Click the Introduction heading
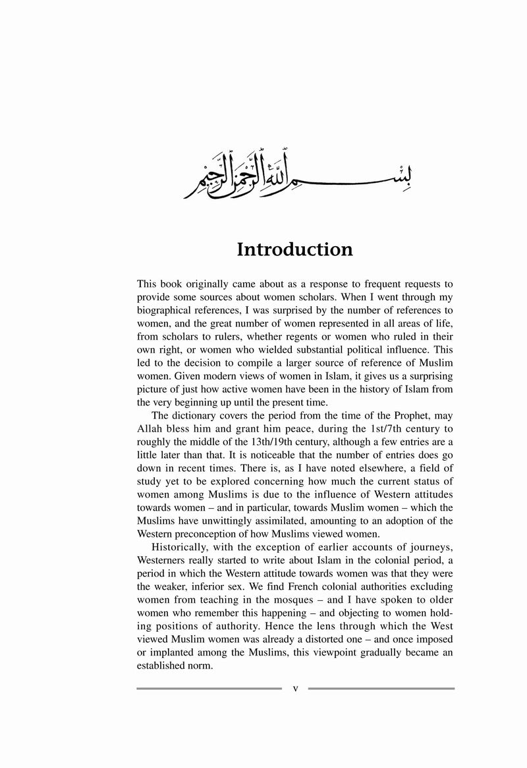point(294,250)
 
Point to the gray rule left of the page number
point(209,688)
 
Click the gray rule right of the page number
point(381,688)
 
